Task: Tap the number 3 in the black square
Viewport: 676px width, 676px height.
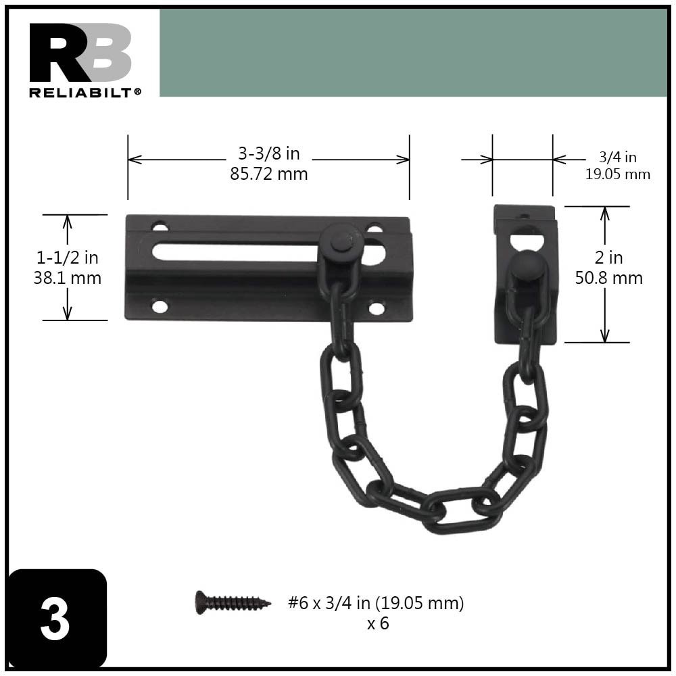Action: click(55, 619)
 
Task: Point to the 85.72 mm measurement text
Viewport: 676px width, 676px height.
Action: click(268, 174)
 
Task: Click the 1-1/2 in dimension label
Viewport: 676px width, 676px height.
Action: click(67, 258)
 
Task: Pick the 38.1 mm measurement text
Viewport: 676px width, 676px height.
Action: click(67, 277)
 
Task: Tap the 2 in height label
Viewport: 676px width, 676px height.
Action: click(608, 258)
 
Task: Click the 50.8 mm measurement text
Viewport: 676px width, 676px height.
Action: click(608, 278)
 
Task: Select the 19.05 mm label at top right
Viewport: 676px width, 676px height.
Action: click(617, 174)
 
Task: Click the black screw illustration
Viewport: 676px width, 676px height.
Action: click(232, 601)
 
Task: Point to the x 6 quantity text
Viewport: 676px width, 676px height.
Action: click(378, 623)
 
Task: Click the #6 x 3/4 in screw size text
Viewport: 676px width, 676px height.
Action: click(376, 603)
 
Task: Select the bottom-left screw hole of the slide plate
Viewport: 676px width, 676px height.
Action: click(160, 307)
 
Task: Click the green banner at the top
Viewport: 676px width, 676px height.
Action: click(412, 53)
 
